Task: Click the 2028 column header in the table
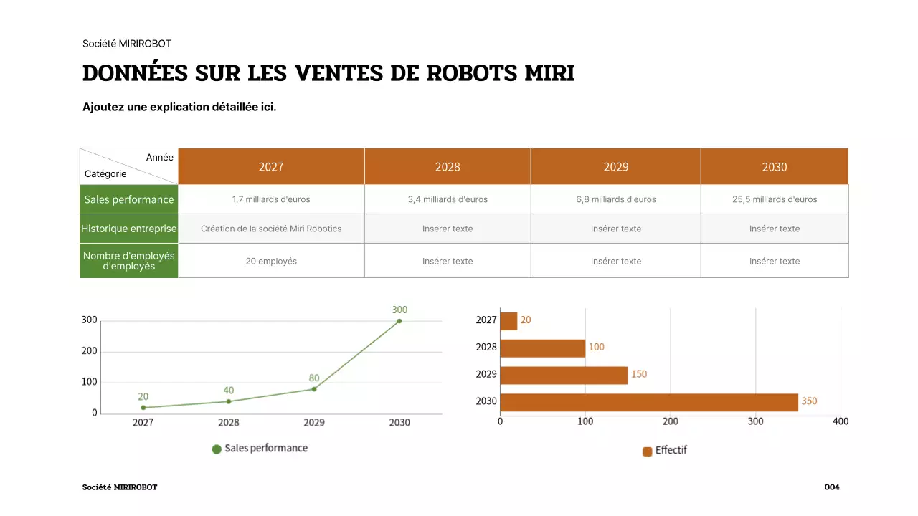click(448, 167)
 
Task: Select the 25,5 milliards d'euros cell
click(774, 199)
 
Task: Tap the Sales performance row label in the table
click(129, 199)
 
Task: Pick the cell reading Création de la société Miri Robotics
click(271, 229)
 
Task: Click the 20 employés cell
click(271, 261)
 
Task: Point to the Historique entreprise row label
click(129, 229)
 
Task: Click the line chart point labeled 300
click(399, 321)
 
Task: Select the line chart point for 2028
click(229, 401)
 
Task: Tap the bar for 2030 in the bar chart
click(648, 402)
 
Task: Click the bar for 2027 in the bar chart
click(508, 321)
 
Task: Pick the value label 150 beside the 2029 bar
click(638, 374)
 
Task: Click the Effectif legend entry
click(665, 451)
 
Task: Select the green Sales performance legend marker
click(217, 449)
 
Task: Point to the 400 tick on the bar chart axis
click(840, 421)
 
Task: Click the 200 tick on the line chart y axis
click(89, 352)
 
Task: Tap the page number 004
click(831, 487)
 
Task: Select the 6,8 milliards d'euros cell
click(615, 199)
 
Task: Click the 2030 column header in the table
click(774, 167)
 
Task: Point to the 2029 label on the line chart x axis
click(314, 423)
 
